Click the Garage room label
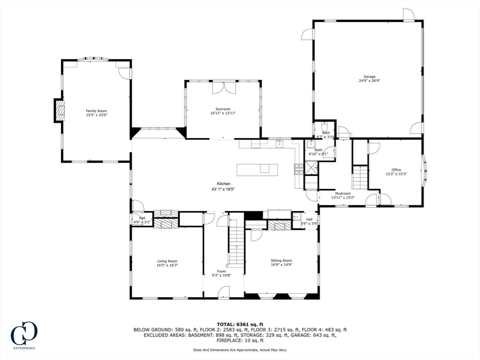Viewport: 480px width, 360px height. coord(369,76)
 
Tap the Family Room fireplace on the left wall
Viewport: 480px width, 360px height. coord(59,111)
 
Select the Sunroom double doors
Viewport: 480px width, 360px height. coord(223,87)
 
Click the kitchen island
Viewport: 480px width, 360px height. coord(257,169)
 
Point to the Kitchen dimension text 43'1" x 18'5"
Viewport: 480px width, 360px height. coord(223,189)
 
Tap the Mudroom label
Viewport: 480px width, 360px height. coord(343,193)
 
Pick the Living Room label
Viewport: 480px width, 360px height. coord(167,261)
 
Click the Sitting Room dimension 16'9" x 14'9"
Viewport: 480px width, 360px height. coord(281,265)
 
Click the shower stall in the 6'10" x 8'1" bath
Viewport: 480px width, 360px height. coord(311,167)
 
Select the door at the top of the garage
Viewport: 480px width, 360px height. coord(408,15)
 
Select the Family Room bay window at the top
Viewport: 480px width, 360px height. coord(92,60)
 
